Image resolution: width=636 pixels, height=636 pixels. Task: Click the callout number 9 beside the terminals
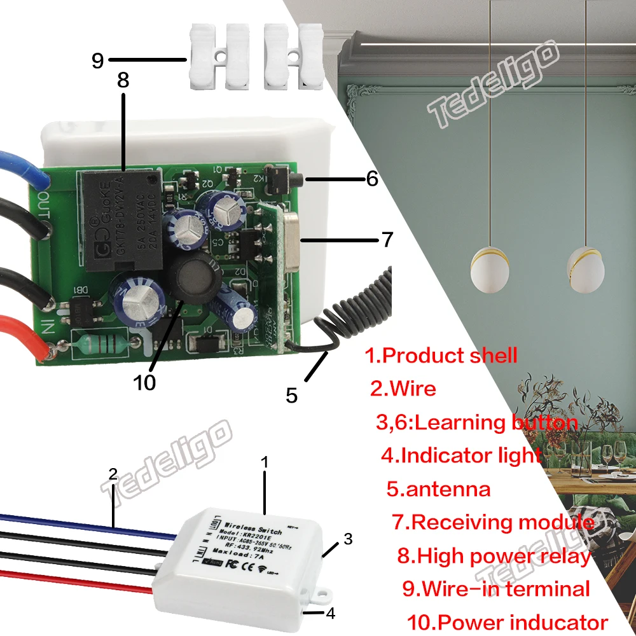[97, 60]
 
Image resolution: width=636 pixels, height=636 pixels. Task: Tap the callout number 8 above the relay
[123, 81]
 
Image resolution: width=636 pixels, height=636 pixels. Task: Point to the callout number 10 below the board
[144, 382]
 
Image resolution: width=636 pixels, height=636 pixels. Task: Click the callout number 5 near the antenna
[291, 396]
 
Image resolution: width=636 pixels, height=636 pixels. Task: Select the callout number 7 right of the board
[387, 240]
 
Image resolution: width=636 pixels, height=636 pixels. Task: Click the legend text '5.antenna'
[438, 489]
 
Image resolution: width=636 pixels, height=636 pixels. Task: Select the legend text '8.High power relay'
[494, 555]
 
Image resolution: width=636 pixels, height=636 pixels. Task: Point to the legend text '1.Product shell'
[441, 355]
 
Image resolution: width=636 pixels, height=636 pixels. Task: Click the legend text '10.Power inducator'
[507, 622]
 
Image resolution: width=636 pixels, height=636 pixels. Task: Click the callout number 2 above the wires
[113, 474]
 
